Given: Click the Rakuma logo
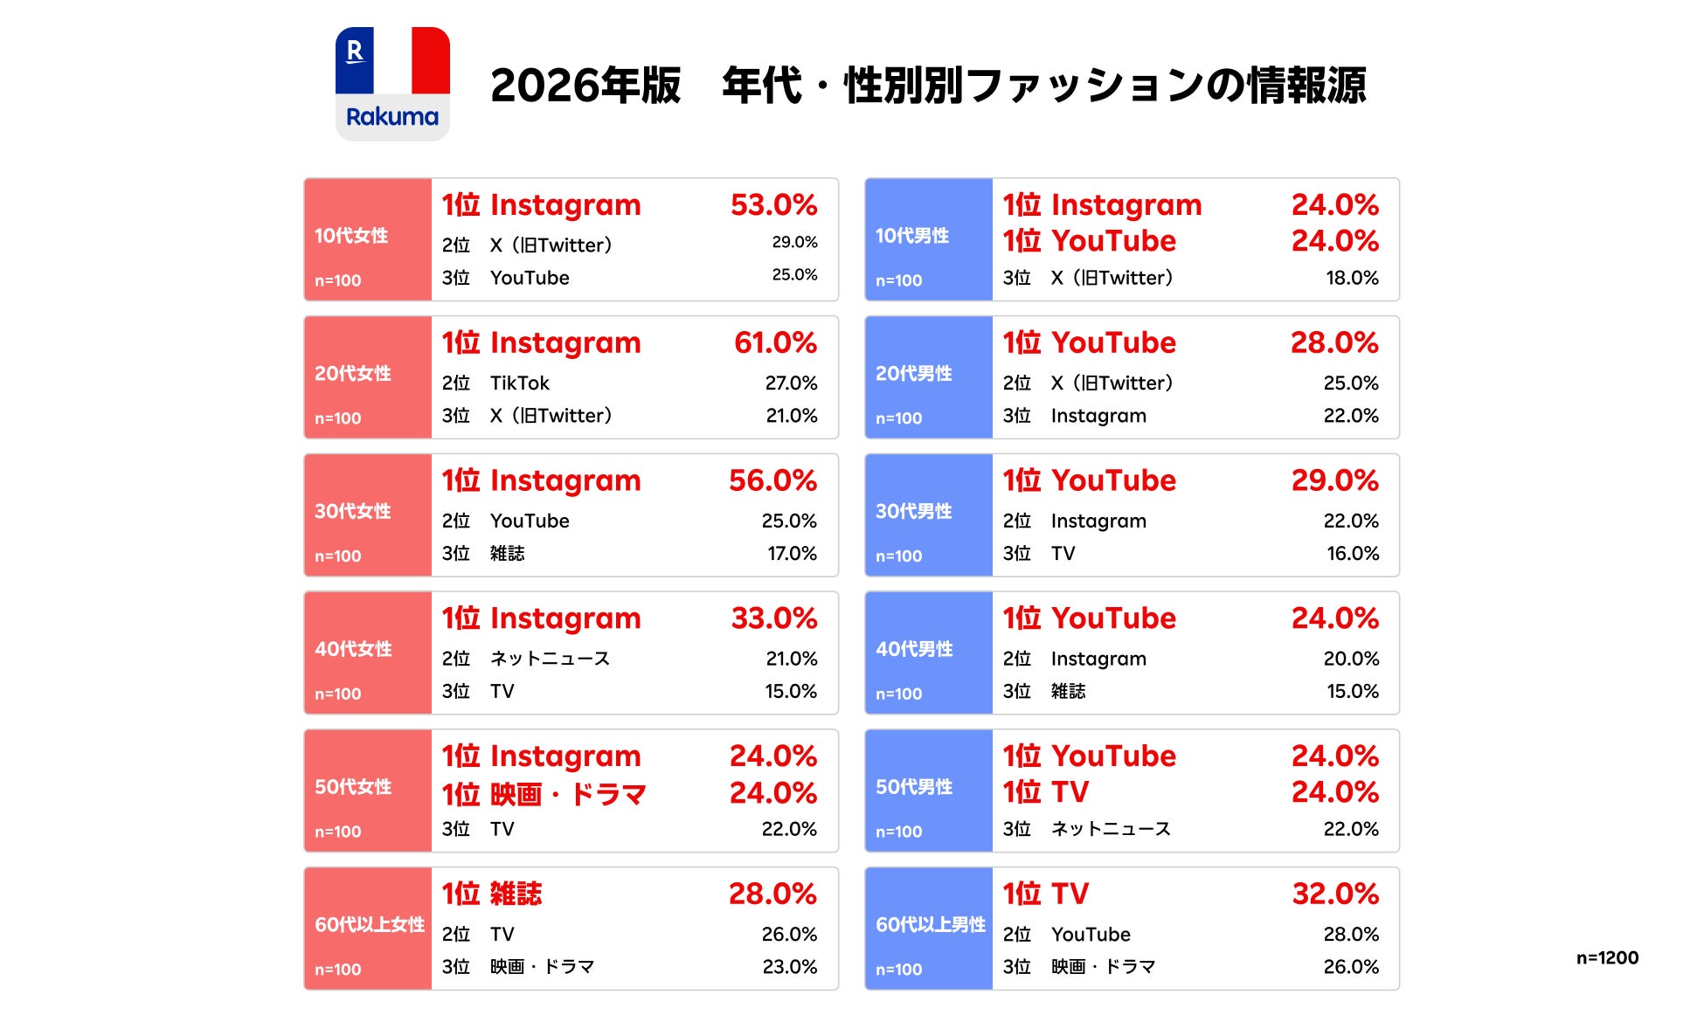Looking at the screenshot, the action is [392, 84].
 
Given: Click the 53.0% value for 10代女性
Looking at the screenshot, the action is [773, 204].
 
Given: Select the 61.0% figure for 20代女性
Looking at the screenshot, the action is [775, 342].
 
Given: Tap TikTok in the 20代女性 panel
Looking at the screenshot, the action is [520, 383].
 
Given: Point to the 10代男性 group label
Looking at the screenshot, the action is [912, 236].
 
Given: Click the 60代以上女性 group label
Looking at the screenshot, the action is [370, 924].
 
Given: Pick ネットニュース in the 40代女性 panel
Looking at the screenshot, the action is [550, 659].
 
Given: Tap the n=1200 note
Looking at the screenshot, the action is [1607, 957].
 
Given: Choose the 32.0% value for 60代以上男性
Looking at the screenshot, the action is [1335, 894].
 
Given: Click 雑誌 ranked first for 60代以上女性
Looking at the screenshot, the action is [516, 894].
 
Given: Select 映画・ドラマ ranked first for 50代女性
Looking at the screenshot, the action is [568, 794].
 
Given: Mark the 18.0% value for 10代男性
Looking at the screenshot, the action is [1352, 278].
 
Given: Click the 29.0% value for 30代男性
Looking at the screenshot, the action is [1335, 480].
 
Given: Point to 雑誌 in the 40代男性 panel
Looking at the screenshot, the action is [1068, 691].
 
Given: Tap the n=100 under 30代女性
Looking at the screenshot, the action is [338, 556].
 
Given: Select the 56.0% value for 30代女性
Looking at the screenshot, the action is [773, 480].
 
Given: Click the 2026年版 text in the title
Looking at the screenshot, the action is [585, 86].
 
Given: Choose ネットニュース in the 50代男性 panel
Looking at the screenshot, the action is [1111, 829].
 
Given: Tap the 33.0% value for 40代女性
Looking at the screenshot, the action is [774, 618].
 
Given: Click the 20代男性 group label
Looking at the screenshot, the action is [913, 374].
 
